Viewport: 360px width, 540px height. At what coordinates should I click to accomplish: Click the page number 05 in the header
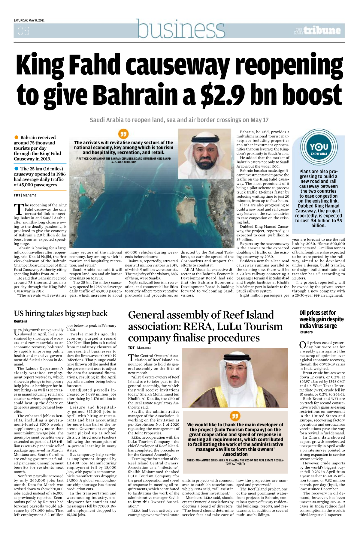tap(23, 31)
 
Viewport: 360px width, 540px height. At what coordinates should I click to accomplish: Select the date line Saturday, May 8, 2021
tap(29, 20)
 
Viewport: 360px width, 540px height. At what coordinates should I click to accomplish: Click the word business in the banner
tap(181, 29)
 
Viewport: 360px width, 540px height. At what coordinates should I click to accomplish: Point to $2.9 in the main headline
tap(220, 94)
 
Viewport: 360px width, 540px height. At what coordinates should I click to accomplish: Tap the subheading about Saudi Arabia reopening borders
tap(179, 120)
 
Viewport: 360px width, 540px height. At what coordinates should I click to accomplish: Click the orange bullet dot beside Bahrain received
tap(17, 137)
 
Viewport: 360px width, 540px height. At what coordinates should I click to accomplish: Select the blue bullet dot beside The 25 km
tap(17, 169)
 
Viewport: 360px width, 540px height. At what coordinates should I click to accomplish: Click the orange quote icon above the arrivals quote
tap(123, 134)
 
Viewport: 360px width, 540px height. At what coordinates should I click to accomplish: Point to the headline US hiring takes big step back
tap(60, 313)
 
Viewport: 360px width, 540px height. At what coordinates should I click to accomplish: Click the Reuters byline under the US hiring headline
tap(20, 321)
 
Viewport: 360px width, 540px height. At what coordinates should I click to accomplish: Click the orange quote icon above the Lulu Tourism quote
tap(235, 416)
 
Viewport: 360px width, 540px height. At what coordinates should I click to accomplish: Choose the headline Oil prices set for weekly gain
tap(321, 319)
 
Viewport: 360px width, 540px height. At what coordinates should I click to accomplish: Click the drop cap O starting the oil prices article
tap(302, 345)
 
